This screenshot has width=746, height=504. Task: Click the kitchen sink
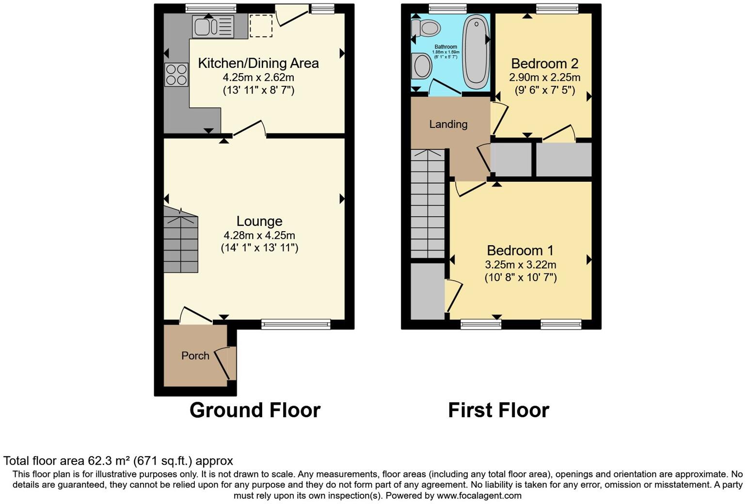point(213,26)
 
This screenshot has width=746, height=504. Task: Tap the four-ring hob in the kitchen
point(176,75)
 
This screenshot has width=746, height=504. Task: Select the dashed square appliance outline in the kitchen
point(261,26)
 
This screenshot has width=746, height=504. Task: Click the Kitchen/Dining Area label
point(258,63)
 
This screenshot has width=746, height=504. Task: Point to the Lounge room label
point(259,221)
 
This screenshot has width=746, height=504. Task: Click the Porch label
point(195,356)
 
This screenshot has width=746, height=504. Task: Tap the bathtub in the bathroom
point(476,51)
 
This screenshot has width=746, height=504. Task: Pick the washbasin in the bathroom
point(421,65)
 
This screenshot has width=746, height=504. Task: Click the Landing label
point(448,125)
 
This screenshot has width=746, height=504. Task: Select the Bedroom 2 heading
point(545,63)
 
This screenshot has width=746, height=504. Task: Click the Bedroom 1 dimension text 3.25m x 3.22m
point(521,265)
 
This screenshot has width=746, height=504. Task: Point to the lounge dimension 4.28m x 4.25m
point(259,236)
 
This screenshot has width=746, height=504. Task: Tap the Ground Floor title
point(255,410)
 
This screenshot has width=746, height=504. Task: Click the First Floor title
point(498,410)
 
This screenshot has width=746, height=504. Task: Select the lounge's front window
point(296,324)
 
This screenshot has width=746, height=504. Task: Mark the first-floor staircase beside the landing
point(428,204)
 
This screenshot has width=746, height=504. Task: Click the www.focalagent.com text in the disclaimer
point(479,496)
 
